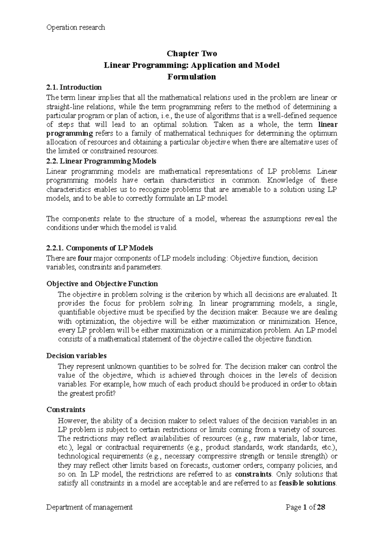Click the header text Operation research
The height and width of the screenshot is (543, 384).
pyautogui.click(x=76, y=28)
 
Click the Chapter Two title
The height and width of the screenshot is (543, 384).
pyautogui.click(x=192, y=53)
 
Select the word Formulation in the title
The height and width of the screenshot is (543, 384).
pyautogui.click(x=192, y=77)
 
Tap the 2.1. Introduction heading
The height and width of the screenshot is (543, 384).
pyautogui.click(x=74, y=87)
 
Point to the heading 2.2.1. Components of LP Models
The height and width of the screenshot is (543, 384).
pyautogui.click(x=100, y=248)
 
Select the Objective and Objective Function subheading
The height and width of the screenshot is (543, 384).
pyautogui.click(x=102, y=284)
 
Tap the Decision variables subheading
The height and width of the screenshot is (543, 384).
pyautogui.click(x=76, y=356)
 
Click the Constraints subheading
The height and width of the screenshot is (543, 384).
pyautogui.click(x=66, y=409)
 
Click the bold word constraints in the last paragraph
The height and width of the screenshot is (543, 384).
pyautogui.click(x=253, y=474)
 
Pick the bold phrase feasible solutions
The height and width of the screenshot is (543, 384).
pyautogui.click(x=308, y=483)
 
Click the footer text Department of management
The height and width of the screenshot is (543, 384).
pyautogui.click(x=90, y=507)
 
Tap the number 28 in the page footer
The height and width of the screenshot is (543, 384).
pyautogui.click(x=321, y=507)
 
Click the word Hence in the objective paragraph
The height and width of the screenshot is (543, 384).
pyautogui.click(x=326, y=321)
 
